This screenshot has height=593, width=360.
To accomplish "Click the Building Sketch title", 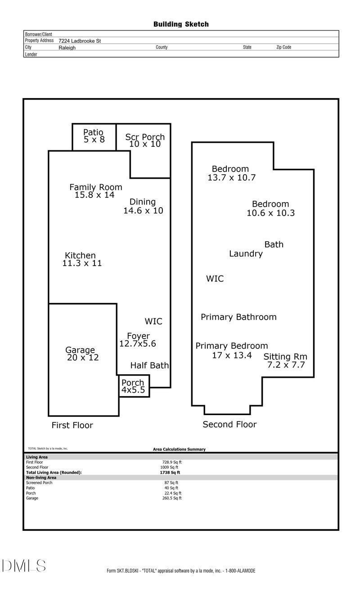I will (x=181, y=24).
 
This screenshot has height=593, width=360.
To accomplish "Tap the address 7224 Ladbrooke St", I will (x=80, y=41).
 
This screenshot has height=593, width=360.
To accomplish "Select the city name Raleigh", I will (x=67, y=47).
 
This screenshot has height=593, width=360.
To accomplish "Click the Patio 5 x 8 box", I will (x=94, y=136).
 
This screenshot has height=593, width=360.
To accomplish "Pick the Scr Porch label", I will (x=145, y=137).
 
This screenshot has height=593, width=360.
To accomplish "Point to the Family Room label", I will (x=95, y=187).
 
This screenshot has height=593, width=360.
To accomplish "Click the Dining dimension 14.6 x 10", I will (x=143, y=210).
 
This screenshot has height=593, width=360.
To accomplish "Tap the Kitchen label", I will (x=80, y=255).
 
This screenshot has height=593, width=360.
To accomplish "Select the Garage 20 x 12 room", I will (x=82, y=354).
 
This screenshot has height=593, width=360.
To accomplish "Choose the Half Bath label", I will (x=149, y=365).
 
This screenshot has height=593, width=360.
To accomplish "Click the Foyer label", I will (x=138, y=336).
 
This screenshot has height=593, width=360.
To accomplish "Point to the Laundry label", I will (x=246, y=253).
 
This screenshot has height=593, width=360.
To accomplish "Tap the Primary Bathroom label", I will (x=238, y=317).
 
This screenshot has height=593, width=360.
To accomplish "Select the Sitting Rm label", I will (x=285, y=357).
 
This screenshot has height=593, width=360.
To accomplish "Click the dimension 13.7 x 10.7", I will (x=231, y=177).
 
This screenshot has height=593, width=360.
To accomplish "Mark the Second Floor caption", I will (x=229, y=424).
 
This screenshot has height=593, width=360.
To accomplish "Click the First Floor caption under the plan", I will (x=72, y=425).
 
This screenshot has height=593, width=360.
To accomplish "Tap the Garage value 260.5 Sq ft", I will (x=172, y=498).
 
